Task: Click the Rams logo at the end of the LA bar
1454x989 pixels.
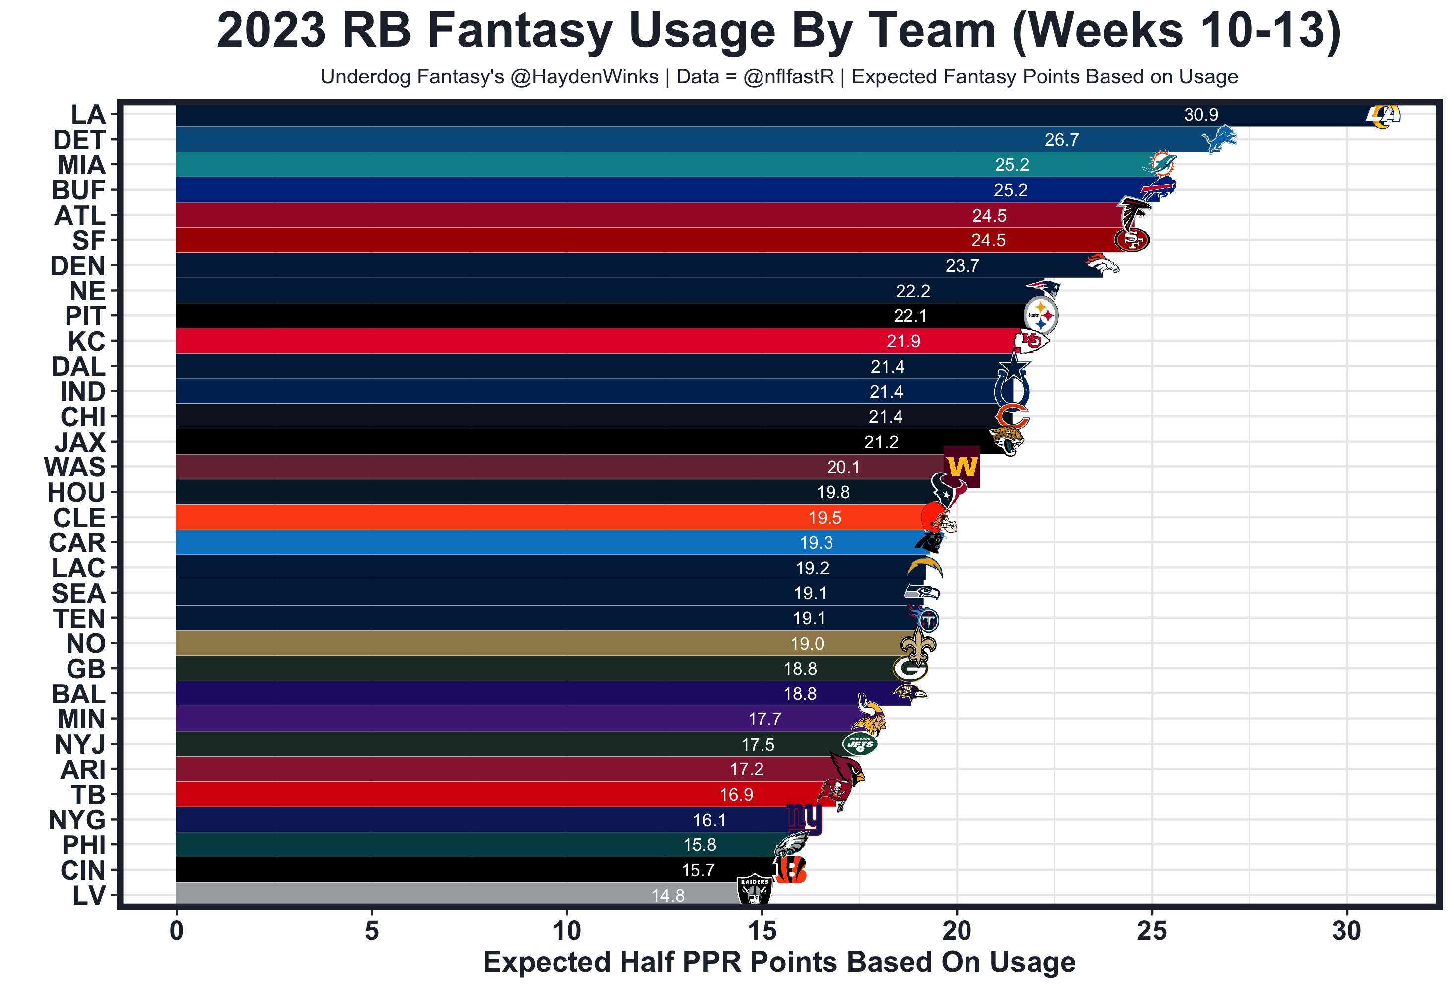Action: point(1382,116)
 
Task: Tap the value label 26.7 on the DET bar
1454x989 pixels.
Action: point(1062,140)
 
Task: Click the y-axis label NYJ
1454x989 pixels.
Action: point(80,744)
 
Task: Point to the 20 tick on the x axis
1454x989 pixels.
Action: point(957,931)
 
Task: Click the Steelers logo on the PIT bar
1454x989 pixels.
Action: point(1040,315)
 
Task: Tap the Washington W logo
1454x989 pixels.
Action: point(962,466)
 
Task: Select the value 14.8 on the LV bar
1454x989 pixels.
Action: point(668,895)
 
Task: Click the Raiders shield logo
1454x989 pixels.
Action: point(755,890)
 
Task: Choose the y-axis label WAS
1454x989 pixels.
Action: point(75,467)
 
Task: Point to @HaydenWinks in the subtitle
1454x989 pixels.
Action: point(584,76)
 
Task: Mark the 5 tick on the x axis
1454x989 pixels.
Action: point(372,931)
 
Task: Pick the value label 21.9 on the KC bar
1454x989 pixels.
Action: point(903,341)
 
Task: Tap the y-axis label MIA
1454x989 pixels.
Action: point(81,165)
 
